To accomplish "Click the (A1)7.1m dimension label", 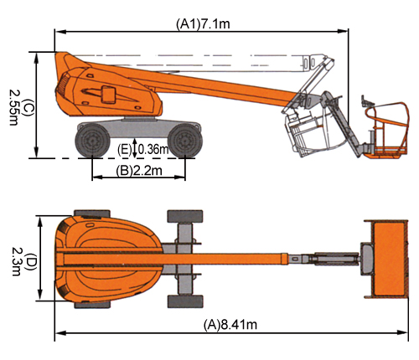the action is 203,24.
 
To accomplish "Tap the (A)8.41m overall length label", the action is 230,325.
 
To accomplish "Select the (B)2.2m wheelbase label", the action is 139,171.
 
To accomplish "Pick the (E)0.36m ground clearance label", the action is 143,150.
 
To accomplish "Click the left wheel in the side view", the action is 92,141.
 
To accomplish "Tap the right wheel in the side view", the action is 185,141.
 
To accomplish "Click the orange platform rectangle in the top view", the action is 389,258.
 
